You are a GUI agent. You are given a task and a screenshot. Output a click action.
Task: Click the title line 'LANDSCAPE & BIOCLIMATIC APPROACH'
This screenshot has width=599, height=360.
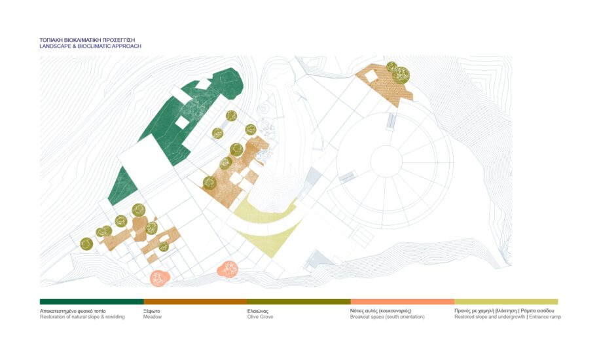[90, 46]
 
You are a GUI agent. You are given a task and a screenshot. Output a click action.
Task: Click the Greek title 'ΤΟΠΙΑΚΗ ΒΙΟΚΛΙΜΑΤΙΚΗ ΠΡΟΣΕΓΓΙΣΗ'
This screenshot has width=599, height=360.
[87, 40]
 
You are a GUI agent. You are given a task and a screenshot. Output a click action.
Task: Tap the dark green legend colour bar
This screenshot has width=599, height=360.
[92, 302]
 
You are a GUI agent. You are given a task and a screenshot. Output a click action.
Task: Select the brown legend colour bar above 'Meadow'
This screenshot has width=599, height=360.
[195, 302]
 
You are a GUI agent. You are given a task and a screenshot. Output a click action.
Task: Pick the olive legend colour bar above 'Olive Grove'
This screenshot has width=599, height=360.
[299, 302]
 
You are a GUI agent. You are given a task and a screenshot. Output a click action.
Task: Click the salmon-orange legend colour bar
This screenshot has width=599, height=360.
[402, 302]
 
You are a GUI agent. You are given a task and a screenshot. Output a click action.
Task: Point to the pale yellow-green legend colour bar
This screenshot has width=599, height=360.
[506, 302]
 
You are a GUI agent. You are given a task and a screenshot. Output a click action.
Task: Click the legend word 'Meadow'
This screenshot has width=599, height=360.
[153, 317]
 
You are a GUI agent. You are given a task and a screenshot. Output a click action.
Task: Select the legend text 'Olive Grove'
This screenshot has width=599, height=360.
[260, 317]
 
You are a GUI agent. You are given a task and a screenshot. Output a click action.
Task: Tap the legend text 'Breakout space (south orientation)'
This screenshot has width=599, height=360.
[388, 317]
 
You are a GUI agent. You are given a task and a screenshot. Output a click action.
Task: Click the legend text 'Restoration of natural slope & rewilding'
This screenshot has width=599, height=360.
[82, 317]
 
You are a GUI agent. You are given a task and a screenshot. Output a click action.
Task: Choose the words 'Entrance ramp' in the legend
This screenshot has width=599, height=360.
[545, 317]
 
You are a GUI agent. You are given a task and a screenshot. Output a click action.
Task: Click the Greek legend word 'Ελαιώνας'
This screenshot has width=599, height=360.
[258, 311]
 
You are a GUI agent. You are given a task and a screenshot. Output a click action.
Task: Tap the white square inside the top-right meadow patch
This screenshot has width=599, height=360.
[370, 77]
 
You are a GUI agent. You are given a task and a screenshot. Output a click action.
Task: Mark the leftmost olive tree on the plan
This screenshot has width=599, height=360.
[86, 244]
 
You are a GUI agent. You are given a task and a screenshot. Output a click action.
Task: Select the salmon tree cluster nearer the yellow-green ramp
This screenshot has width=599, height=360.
[228, 270]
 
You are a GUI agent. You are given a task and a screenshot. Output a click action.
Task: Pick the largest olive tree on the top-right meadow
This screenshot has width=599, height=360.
[401, 75]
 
